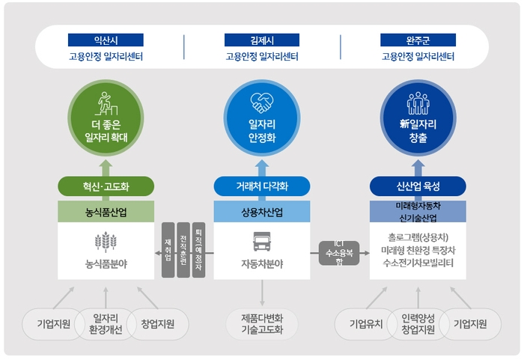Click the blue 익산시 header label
point(106,40)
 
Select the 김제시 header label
point(262,40)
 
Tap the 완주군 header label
point(418,40)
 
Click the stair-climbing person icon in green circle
point(106,103)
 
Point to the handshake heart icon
point(262,103)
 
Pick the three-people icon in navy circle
point(418,103)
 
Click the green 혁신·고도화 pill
point(106,186)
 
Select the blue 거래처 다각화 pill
point(262,186)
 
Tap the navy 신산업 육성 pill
point(418,186)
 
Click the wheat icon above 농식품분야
point(106,242)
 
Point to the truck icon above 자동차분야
point(262,242)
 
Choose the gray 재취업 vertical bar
point(168,250)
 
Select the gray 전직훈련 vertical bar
point(183,250)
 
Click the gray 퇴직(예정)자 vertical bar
point(199,250)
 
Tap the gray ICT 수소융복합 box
point(339,253)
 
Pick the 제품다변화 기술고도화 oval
point(262,324)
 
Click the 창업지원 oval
point(158,324)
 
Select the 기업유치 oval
point(366,324)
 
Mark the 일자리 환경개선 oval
point(106,324)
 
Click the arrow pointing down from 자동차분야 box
point(262,293)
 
